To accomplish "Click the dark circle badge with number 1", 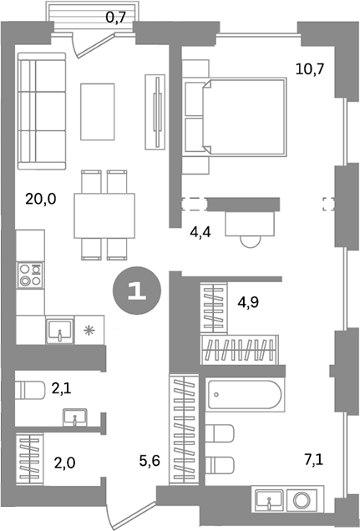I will tap(134, 292).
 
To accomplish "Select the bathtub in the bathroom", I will tap(246, 394).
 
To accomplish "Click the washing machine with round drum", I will tap(302, 502).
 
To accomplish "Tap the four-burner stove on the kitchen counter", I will tap(30, 275).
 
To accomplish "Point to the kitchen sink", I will tap(59, 331).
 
